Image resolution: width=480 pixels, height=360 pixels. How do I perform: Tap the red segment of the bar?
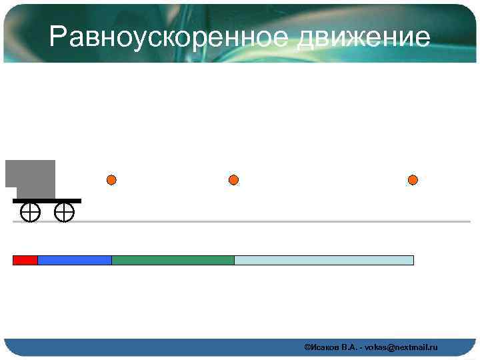pos(25,260)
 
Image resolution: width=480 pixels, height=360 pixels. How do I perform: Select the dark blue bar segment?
pos(75,260)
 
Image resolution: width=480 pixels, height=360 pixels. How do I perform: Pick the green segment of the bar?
pos(173,260)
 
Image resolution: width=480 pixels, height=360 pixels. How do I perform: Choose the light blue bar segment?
pos(324,260)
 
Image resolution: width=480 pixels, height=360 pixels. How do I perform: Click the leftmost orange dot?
pos(111,180)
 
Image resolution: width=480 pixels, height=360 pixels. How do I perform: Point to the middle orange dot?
pos(233,180)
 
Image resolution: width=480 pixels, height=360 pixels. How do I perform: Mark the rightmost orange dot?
pos(413,180)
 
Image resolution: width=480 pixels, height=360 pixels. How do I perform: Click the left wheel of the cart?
pos(30,213)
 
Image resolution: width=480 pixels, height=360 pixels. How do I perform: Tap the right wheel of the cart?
pos(64,213)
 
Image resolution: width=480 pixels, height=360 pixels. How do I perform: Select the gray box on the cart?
pos(33,177)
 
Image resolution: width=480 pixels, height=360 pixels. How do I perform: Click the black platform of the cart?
pos(47,200)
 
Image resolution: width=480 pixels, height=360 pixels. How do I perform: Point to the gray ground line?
pos(267,221)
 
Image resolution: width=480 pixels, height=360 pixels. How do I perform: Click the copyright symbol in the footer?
pos(307,347)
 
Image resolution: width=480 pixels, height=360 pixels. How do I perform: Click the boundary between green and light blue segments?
pos(234,260)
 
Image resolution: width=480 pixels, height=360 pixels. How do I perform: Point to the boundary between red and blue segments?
pos(38,260)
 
